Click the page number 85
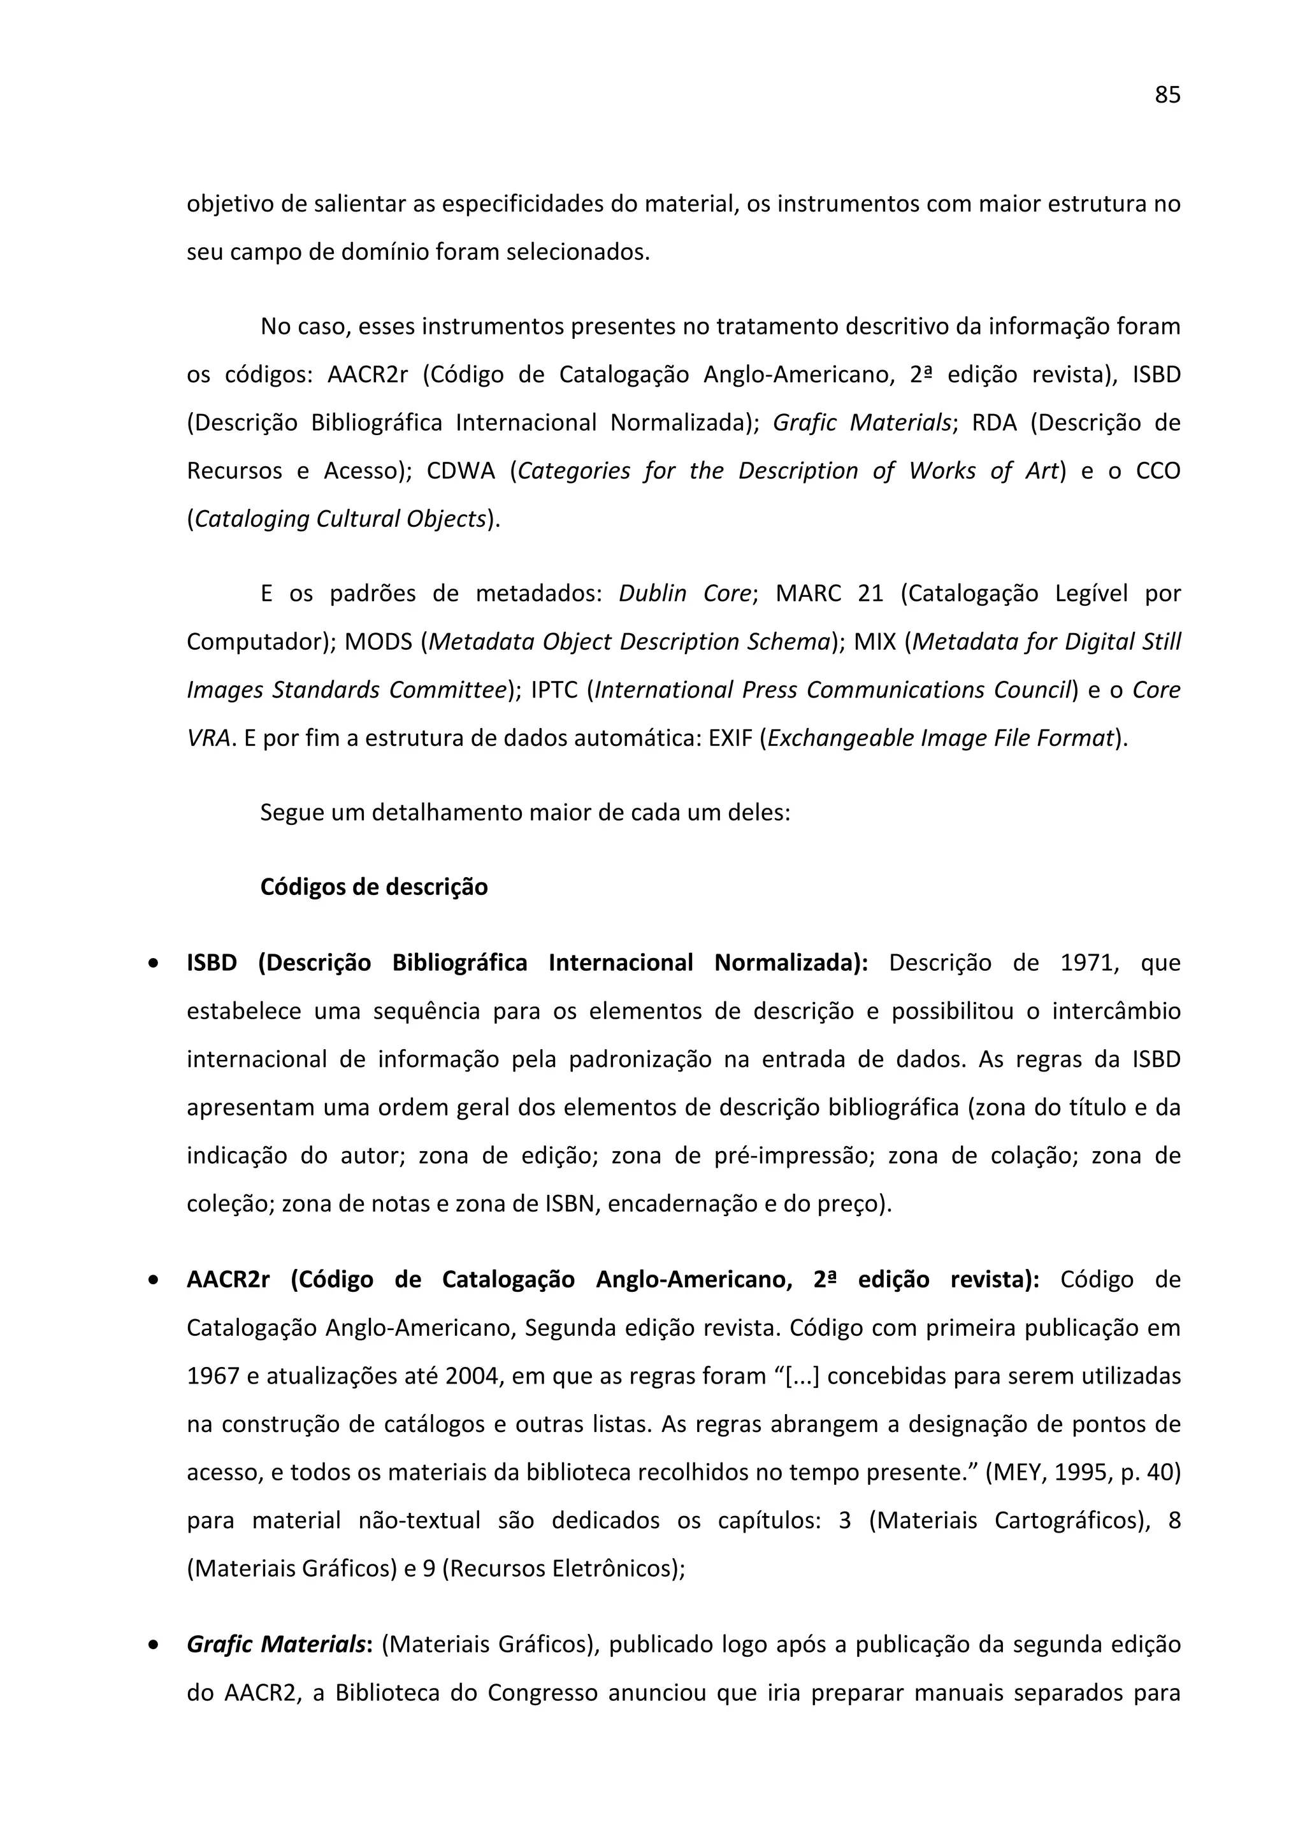click(x=1167, y=95)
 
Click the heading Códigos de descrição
click(x=374, y=887)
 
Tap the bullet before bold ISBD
click(x=153, y=963)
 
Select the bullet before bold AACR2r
click(x=153, y=1280)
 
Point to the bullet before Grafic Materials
click(x=153, y=1645)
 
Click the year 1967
click(x=212, y=1376)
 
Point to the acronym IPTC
click(x=554, y=690)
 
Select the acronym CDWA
click(x=461, y=470)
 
